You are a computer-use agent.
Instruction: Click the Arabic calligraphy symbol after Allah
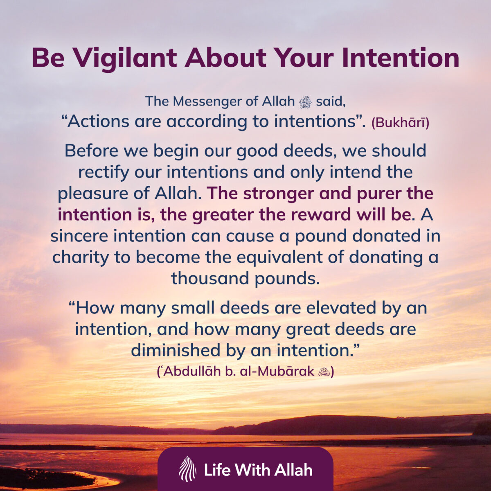[x=306, y=102]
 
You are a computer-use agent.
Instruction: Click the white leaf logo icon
[x=187, y=469]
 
